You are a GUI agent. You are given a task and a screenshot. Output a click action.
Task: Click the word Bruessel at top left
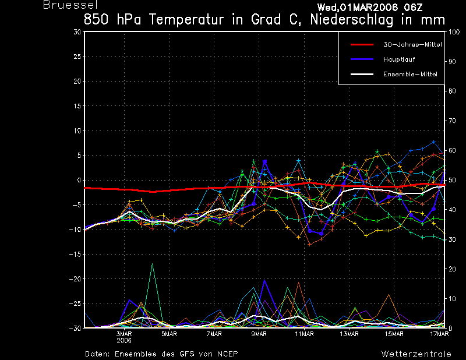tap(66, 5)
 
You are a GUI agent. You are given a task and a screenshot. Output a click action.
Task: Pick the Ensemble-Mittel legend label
tap(410, 75)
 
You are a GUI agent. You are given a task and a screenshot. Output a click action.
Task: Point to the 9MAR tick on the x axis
tap(259, 334)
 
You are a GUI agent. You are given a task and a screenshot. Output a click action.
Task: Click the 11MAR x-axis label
tap(304, 334)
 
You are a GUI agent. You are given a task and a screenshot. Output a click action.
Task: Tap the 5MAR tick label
tap(170, 334)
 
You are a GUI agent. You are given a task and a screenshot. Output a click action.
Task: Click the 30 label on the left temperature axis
tap(77, 32)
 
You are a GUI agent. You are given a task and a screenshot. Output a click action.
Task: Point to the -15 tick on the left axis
tap(75, 254)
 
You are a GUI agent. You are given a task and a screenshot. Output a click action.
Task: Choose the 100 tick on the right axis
tap(452, 32)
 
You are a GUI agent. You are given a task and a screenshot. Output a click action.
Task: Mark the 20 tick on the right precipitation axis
tap(450, 269)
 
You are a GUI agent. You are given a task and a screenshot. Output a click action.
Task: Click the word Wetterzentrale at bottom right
tap(416, 354)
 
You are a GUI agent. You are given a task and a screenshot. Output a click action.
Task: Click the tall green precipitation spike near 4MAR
tap(152, 265)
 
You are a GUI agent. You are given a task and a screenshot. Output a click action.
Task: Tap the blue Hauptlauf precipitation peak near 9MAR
tap(265, 281)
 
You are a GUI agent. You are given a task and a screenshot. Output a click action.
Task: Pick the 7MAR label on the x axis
tap(214, 334)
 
